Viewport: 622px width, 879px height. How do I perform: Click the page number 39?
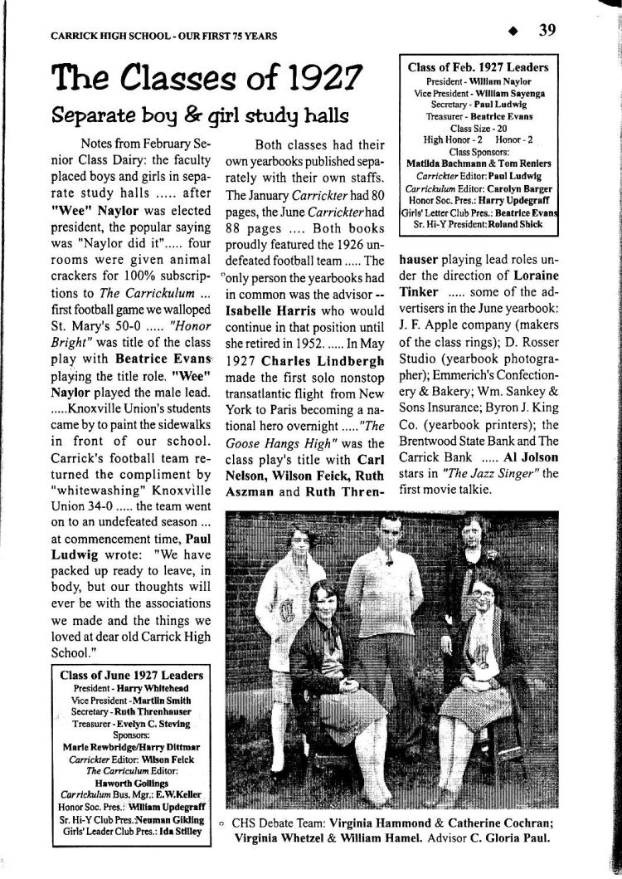[547, 31]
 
